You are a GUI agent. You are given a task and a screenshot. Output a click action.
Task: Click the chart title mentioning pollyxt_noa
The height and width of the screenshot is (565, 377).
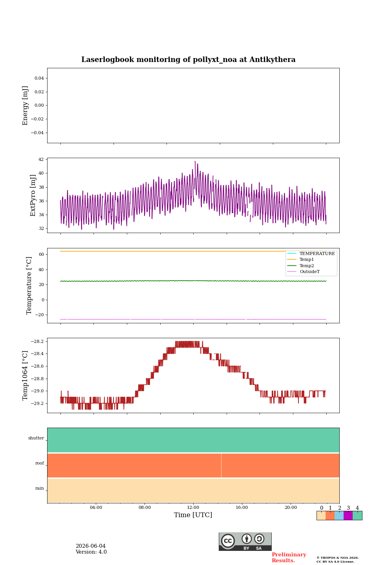(188, 60)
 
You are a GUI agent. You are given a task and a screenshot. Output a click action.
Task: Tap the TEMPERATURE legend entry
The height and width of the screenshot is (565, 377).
(311, 253)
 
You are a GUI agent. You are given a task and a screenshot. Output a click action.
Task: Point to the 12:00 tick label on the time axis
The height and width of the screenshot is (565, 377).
(193, 507)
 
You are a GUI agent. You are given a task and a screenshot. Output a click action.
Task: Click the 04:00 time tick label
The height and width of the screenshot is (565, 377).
(96, 507)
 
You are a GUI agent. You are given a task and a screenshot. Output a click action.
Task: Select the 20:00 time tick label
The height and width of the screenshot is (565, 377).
(291, 507)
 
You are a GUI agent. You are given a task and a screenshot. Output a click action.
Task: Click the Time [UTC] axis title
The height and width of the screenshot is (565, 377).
(193, 515)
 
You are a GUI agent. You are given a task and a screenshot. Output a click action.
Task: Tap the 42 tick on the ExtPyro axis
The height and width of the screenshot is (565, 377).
(41, 159)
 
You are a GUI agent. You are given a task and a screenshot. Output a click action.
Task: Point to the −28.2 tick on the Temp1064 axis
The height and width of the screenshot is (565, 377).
(37, 341)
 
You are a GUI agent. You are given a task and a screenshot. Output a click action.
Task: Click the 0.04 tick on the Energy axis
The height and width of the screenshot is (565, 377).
(39, 78)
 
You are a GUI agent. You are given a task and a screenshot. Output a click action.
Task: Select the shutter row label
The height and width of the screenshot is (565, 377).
(36, 438)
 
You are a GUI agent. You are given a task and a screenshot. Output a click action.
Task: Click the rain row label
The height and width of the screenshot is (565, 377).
(40, 488)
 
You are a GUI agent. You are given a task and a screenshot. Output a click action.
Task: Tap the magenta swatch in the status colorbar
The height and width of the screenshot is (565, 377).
(348, 516)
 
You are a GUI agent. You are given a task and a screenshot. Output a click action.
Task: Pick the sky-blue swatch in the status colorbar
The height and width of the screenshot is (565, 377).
(339, 516)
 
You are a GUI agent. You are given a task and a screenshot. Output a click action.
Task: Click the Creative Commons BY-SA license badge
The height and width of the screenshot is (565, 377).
(245, 541)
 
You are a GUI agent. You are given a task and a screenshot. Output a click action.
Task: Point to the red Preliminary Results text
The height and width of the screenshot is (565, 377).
(289, 558)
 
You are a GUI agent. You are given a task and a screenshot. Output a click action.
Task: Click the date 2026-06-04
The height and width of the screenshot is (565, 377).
(91, 546)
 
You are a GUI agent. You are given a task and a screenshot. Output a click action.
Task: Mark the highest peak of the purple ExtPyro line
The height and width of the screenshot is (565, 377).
(195, 161)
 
